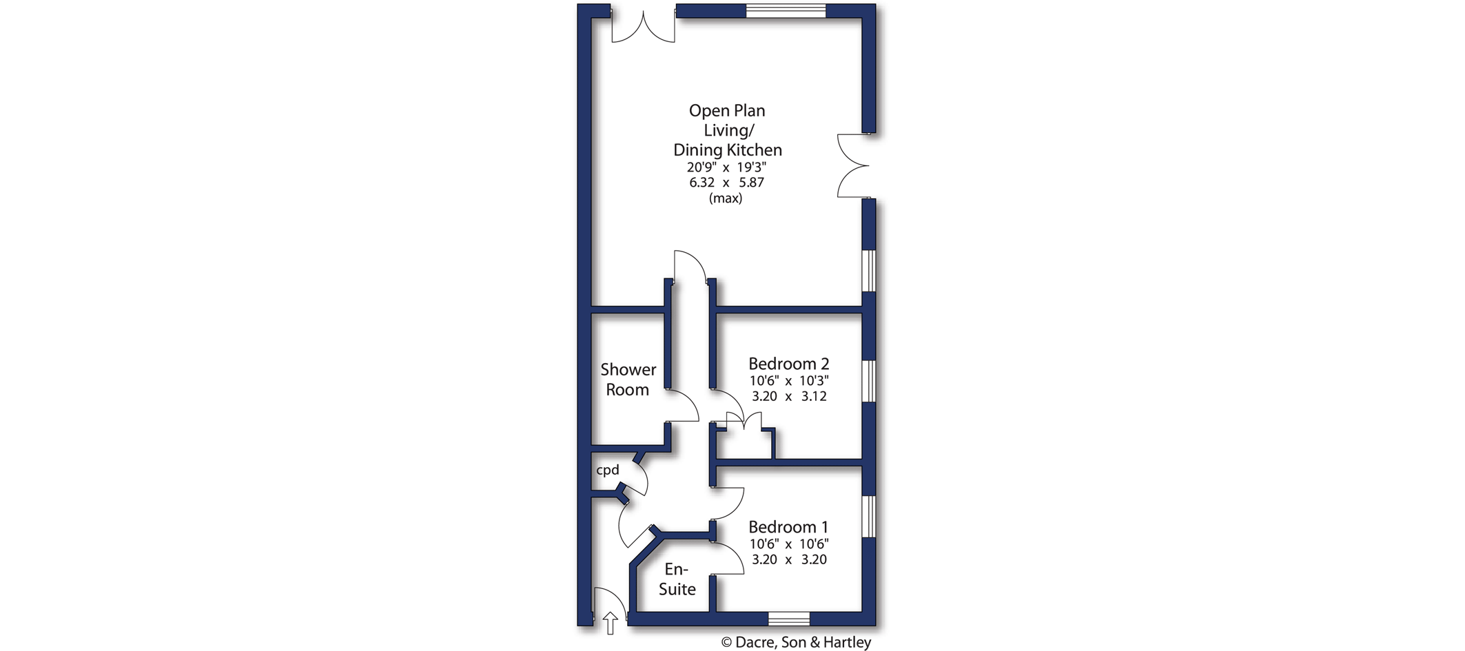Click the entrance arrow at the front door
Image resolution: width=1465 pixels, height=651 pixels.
(x=610, y=623)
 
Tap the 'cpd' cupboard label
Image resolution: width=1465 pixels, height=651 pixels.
(x=608, y=470)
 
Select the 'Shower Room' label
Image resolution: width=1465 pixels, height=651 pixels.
(x=628, y=380)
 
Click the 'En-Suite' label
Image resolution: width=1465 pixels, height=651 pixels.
(x=677, y=579)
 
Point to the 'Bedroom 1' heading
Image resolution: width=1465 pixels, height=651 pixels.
(x=788, y=527)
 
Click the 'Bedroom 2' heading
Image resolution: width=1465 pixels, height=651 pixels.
(x=788, y=363)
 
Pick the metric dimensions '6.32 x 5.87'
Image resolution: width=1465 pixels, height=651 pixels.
(x=726, y=183)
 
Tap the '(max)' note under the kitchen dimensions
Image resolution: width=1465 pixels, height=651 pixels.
(x=726, y=198)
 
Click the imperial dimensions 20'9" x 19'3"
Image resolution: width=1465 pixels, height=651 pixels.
(x=726, y=167)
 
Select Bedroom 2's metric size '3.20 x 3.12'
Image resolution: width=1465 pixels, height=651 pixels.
(x=788, y=396)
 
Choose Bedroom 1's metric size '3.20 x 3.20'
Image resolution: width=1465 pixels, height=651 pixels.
(x=788, y=559)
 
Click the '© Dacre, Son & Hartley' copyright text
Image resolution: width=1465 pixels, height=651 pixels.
(x=796, y=642)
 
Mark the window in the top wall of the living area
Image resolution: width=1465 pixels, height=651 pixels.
(x=786, y=10)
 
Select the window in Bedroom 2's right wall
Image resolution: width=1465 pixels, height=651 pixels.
(x=869, y=380)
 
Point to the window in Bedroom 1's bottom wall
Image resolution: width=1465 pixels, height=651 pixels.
(x=789, y=618)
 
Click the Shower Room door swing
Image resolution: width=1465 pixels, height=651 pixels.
(x=683, y=406)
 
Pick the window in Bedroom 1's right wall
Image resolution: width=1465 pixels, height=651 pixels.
(x=869, y=516)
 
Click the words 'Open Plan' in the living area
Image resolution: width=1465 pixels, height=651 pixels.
(x=727, y=111)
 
